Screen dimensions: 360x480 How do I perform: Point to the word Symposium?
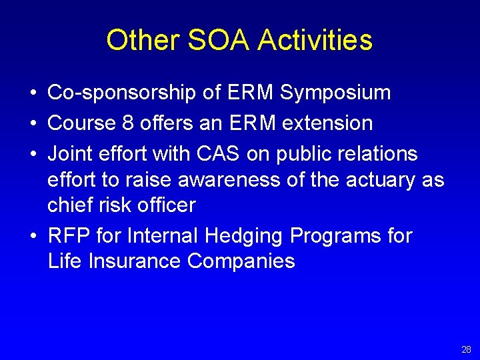(x=335, y=93)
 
